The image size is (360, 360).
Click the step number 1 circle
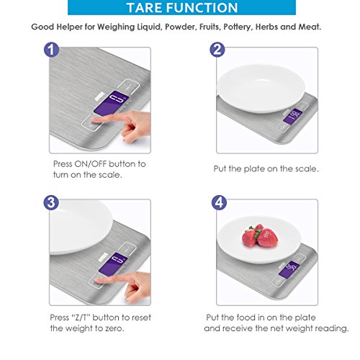pos(51,50)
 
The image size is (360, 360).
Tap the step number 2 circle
pos(217,50)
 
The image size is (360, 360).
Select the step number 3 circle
pos(51,202)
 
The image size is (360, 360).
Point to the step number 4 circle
pos(219,202)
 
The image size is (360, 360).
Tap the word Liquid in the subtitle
pos(149,27)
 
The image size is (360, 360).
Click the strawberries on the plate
pos(260,236)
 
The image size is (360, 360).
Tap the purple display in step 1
pos(111,103)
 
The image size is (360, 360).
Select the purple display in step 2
pos(292,117)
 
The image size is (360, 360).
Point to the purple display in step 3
pos(112,264)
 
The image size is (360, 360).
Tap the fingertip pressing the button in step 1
pos(94,120)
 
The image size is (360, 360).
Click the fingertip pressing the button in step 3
pos(98,282)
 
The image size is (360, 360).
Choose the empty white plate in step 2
pos(261,89)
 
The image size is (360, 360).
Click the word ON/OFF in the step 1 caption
pos(91,164)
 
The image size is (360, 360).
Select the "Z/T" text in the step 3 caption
pos(81,318)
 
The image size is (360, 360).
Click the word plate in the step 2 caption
pos(254,169)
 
